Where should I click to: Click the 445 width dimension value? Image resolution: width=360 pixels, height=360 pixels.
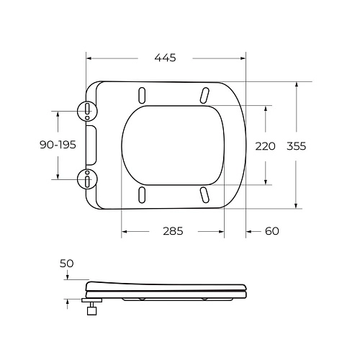[165, 58]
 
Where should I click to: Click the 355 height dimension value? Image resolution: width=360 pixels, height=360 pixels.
[296, 145]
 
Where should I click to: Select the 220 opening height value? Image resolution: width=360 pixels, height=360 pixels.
[266, 145]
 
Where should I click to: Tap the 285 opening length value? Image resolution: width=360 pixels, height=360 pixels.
[172, 231]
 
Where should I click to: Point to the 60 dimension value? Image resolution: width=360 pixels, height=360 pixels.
[271, 231]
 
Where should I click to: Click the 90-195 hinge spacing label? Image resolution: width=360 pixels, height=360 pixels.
[58, 145]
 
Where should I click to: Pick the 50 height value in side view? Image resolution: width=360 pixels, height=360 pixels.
[66, 264]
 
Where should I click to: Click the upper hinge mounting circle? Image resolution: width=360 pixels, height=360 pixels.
[86, 110]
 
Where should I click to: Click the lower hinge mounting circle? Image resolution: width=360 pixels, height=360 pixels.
[86, 177]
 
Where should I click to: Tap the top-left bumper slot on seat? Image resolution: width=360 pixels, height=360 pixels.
[142, 95]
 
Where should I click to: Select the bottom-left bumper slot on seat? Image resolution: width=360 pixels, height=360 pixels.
[142, 194]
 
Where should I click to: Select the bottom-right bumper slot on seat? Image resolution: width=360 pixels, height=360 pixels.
[204, 194]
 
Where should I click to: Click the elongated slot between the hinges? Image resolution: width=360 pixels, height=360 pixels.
[92, 144]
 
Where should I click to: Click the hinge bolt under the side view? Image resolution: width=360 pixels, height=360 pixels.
[92, 310]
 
